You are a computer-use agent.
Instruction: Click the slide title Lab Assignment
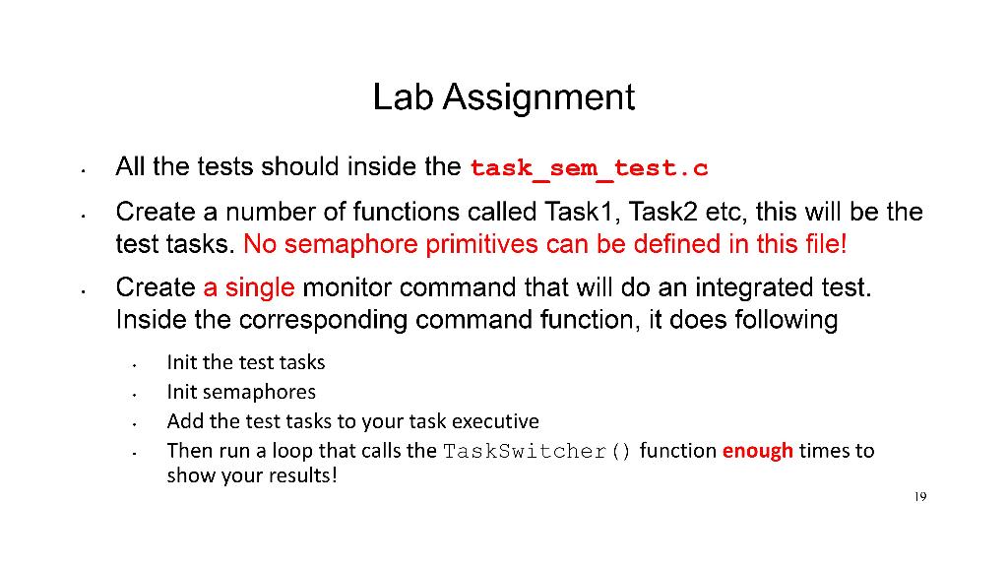(503, 97)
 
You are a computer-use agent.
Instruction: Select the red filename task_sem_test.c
(589, 168)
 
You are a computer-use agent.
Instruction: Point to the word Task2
(662, 212)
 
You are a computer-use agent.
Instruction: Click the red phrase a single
(249, 287)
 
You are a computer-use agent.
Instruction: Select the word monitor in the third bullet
(346, 287)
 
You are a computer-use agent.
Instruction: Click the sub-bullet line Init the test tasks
(245, 362)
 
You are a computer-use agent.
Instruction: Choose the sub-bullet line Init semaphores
(241, 392)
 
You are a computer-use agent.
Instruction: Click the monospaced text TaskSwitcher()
(537, 451)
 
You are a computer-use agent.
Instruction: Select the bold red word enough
(757, 451)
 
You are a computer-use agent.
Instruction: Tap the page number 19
(920, 496)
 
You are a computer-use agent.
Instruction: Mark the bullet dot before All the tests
(84, 171)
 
